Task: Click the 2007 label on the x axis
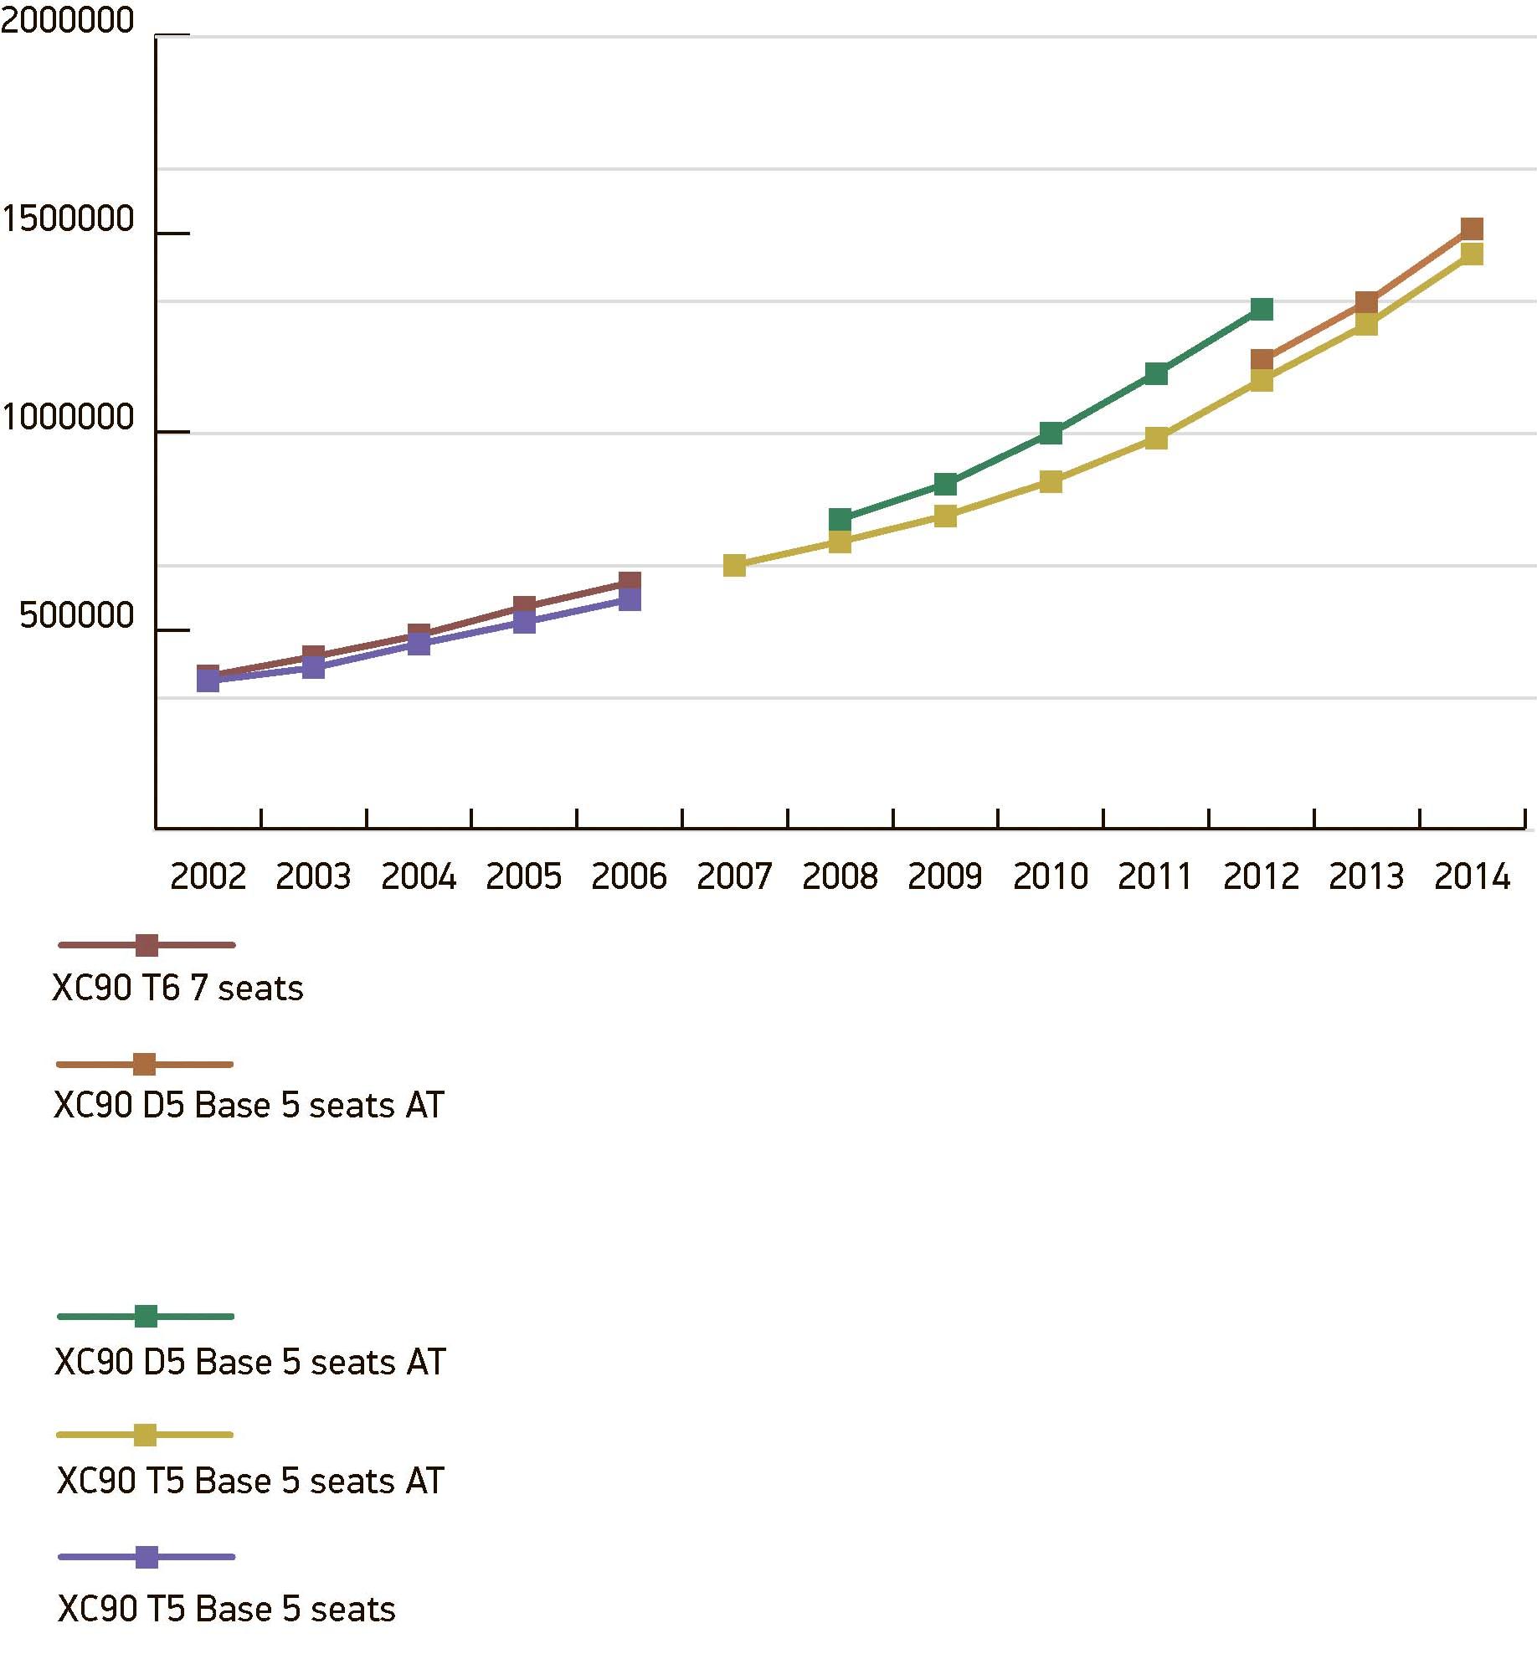coord(734,876)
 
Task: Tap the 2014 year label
coord(1472,876)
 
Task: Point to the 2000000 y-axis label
coord(67,21)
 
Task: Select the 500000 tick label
coord(76,615)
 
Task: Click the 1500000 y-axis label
coord(67,218)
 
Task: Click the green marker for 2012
coord(1262,309)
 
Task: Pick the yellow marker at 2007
coord(734,565)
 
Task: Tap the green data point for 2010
coord(1051,433)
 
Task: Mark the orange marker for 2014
coord(1472,229)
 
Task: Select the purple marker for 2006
coord(630,599)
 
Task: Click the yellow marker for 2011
coord(1156,438)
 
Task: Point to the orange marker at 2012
coord(1262,361)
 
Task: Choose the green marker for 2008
coord(840,519)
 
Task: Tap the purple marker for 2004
coord(419,644)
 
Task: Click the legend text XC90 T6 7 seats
coord(177,989)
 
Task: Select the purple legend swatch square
coord(147,1557)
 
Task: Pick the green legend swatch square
coord(146,1316)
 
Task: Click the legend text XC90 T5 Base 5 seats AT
coord(250,1481)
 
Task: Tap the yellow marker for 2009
coord(945,516)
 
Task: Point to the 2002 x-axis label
coord(208,876)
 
